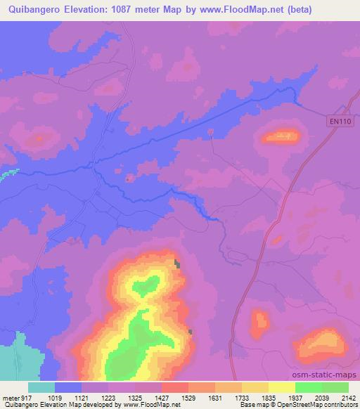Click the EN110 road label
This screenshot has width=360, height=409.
339,122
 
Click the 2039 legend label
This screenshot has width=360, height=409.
321,397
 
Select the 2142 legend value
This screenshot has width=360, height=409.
347,397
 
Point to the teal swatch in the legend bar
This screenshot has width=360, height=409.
41,387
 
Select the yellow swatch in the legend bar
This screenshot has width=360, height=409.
282,387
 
